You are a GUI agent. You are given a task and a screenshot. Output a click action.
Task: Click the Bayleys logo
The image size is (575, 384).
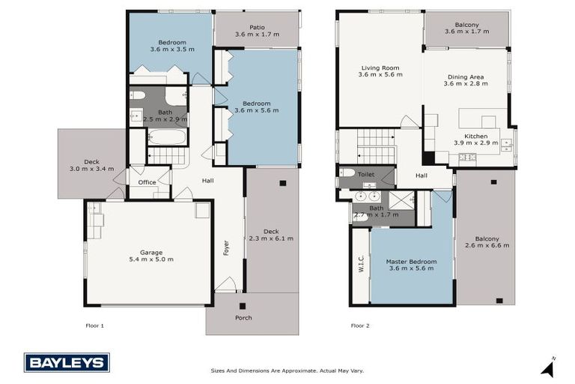pos(67,362)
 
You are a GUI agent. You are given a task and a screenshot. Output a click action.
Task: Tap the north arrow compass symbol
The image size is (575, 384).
pos(549,367)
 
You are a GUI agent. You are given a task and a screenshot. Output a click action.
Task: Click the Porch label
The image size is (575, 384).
pos(243,317)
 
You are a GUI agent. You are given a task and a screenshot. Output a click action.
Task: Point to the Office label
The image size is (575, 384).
pos(147,182)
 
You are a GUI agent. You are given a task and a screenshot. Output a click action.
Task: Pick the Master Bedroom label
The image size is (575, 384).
pos(411,262)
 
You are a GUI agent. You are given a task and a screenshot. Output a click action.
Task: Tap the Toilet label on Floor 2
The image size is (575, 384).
pos(366,174)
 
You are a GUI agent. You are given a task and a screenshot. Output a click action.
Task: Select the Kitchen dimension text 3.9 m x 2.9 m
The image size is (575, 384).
pos(475,142)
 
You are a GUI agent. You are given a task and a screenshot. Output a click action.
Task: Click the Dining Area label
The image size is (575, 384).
pos(466,76)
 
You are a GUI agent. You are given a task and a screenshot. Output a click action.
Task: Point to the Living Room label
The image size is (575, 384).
pos(380,67)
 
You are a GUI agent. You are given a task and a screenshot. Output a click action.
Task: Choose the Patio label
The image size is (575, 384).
pos(256,27)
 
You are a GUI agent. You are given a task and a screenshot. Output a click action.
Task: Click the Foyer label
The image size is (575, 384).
pos(226,247)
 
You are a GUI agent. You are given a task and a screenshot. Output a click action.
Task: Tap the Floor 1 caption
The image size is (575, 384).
pos(95,325)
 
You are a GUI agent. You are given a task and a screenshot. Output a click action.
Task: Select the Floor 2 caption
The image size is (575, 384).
pos(360,325)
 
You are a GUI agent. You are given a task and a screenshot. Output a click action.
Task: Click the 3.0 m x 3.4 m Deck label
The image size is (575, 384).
pos(91,169)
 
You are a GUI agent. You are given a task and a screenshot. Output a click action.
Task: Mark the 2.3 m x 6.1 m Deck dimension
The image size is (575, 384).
pos(272,238)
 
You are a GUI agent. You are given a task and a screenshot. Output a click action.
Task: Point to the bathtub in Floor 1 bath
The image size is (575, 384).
pos(166,137)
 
